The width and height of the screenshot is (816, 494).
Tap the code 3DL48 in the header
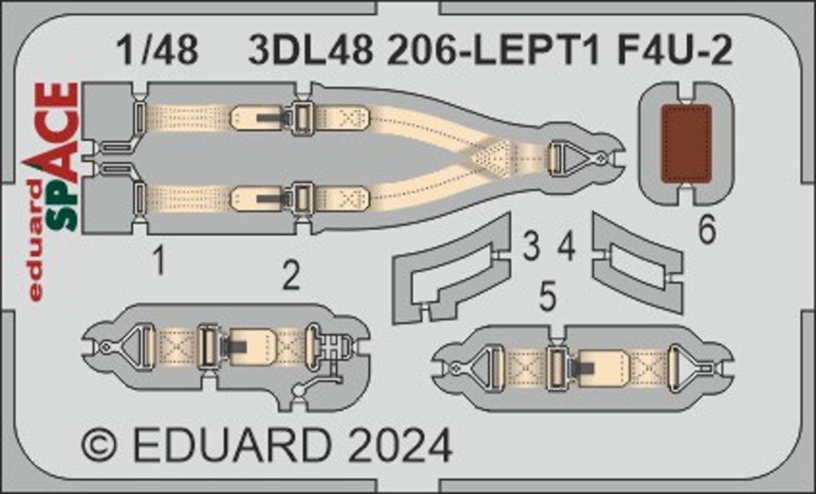click(x=311, y=51)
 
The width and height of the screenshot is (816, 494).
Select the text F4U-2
click(x=674, y=51)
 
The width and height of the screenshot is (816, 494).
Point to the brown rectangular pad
click(x=686, y=145)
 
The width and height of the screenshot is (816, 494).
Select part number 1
click(x=160, y=260)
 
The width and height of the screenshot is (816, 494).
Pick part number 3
click(x=531, y=247)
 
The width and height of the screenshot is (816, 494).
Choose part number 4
click(x=566, y=247)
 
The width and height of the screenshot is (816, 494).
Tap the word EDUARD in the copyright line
click(x=232, y=446)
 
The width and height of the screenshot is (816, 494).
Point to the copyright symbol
click(x=99, y=446)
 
